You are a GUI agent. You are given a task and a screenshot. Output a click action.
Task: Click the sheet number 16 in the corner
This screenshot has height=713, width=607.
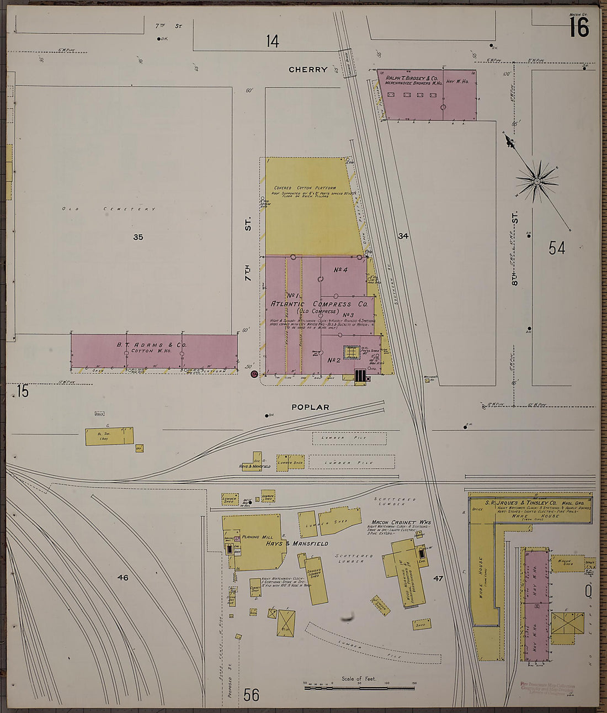[579, 27]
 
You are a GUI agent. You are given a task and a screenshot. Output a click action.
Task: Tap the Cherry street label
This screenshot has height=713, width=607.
[308, 70]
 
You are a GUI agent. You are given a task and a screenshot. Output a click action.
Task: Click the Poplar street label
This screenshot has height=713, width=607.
[310, 407]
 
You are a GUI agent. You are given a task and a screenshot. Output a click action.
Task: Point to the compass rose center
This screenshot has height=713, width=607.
[536, 181]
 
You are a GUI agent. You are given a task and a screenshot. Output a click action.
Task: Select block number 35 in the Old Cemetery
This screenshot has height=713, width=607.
[138, 237]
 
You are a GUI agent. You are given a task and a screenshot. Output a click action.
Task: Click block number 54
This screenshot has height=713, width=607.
[557, 248]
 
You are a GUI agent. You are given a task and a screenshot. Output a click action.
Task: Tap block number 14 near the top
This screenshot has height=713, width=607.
[272, 41]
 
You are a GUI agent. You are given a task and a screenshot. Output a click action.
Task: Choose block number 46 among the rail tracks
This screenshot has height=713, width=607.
[123, 578]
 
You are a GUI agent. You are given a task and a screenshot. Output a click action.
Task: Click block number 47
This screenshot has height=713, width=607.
[438, 578]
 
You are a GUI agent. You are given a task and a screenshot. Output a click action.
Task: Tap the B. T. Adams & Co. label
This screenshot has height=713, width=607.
[151, 345]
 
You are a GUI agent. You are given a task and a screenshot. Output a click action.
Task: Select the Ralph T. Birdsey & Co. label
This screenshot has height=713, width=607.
[411, 78]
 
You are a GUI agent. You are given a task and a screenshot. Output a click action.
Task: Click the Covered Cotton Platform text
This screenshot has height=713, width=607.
[308, 188]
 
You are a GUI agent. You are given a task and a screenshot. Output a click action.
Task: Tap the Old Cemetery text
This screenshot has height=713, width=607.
[109, 209]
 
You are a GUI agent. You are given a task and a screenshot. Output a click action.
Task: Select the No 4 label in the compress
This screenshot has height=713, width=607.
[340, 270]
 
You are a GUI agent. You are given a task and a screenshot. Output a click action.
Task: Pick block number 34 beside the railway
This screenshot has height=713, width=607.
[403, 236]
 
